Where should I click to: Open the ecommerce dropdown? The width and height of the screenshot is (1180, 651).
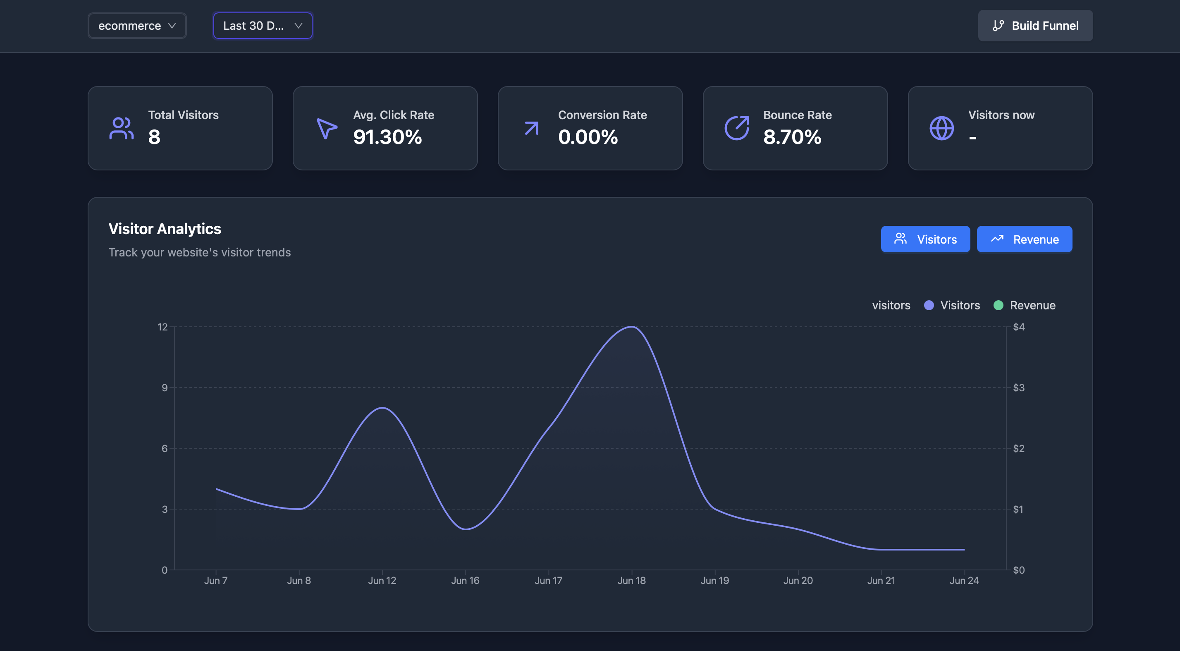137,26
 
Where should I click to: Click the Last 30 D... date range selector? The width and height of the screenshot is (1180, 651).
263,26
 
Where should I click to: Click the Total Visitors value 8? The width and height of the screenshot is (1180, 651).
154,137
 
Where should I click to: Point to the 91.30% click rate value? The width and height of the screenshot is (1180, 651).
387,137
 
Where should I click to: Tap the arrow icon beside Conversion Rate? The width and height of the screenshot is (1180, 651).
531,128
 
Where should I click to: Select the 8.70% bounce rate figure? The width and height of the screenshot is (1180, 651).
792,137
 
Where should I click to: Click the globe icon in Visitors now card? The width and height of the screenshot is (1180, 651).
941,128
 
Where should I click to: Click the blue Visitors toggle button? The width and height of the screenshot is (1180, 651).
925,239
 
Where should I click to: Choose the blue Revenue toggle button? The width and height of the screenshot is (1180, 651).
1024,239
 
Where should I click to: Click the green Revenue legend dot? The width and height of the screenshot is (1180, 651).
998,305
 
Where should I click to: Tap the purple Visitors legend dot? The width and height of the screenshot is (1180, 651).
929,305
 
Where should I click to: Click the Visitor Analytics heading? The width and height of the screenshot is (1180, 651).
165,229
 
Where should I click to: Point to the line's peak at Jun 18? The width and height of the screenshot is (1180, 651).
632,327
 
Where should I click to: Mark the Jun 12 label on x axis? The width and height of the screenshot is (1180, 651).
382,580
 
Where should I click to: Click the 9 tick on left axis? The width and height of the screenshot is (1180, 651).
165,388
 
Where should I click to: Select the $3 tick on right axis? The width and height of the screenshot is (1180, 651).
1018,388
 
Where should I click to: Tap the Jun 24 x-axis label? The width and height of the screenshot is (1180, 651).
964,580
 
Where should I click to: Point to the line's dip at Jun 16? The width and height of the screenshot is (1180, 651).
466,529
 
